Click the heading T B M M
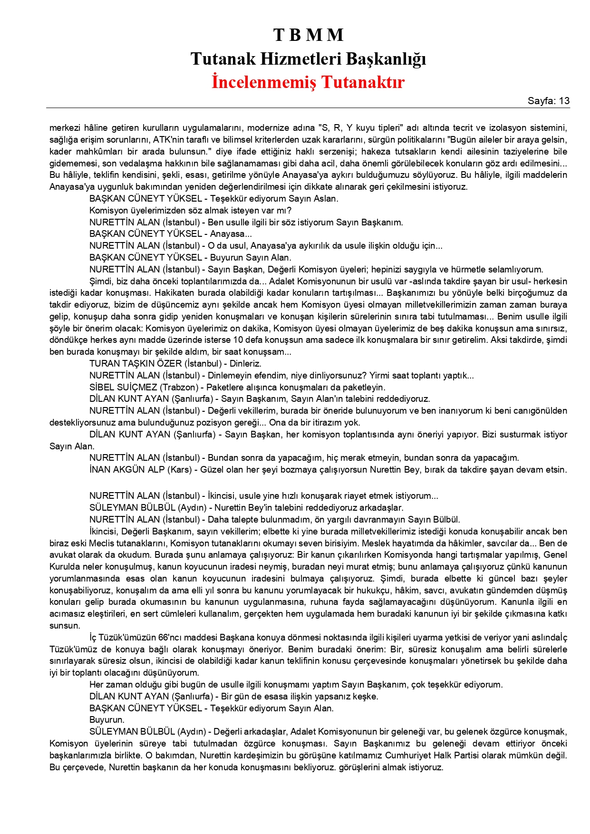pyautogui.click(x=308, y=35)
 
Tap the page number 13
pyautogui.click(x=564, y=101)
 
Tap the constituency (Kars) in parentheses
pyautogui.click(x=183, y=470)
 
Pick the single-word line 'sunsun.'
pyautogui.click(x=65, y=626)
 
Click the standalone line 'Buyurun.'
pyautogui.click(x=107, y=720)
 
